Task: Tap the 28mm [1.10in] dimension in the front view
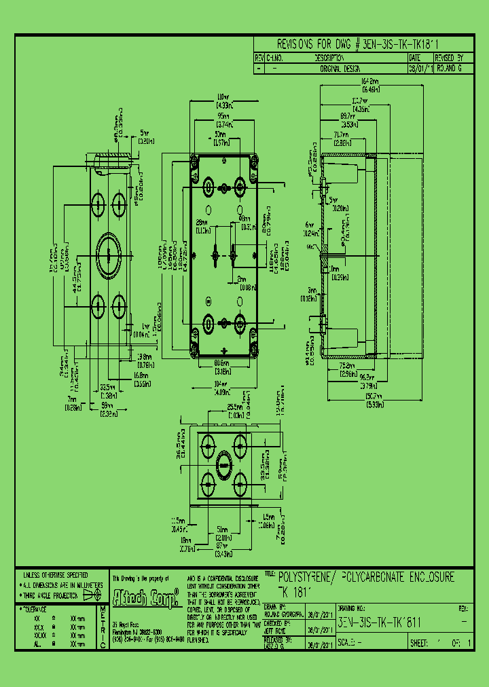pyautogui.click(x=202, y=226)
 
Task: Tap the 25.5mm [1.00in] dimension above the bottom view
pyautogui.click(x=236, y=411)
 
